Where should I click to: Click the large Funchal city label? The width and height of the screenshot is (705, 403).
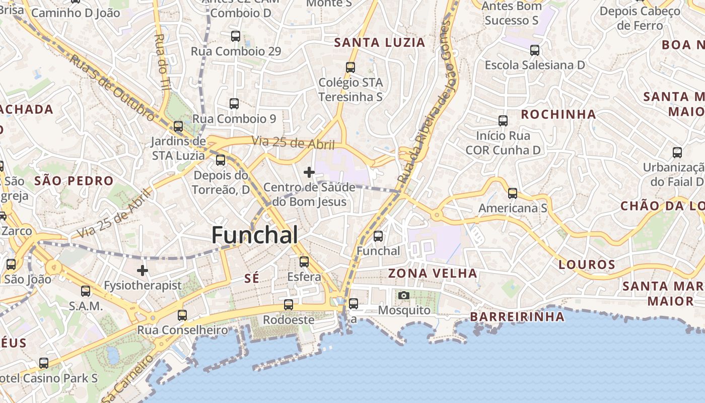point(254,235)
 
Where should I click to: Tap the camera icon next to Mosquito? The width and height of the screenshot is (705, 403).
point(403,295)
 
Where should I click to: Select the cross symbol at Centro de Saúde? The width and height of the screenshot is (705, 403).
point(309,172)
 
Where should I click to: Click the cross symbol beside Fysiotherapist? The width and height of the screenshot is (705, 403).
point(143,271)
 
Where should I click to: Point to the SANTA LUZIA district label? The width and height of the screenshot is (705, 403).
point(380,43)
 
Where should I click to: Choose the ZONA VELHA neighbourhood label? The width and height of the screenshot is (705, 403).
point(433,273)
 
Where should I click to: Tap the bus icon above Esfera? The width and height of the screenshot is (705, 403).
point(304,262)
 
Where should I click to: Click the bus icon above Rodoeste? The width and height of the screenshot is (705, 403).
point(289,305)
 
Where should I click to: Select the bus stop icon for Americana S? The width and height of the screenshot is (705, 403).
point(513,193)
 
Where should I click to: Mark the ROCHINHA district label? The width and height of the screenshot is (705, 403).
point(558,114)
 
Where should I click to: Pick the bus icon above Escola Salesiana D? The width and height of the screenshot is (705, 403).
point(535,50)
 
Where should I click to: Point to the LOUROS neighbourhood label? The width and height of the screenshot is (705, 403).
point(587,264)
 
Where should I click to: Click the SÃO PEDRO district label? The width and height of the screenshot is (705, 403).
point(74,181)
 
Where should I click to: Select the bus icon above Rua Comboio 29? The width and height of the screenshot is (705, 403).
point(236,36)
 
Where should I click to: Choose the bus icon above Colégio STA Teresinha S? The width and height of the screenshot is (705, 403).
point(350,68)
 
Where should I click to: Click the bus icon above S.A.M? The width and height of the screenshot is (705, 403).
point(86,291)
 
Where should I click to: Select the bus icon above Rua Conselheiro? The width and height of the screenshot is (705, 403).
point(182,315)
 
